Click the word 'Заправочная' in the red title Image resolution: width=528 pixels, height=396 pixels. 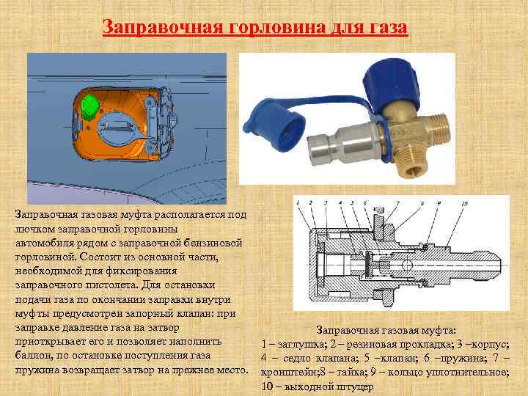point(164,27)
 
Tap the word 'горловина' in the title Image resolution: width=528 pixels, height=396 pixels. point(277,28)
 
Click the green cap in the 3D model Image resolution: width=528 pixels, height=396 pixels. point(89,107)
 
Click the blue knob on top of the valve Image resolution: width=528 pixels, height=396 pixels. point(392,85)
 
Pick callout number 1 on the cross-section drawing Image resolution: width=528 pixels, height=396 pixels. point(298,202)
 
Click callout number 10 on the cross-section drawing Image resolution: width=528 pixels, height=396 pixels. point(464,203)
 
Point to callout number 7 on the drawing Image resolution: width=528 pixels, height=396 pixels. point(397,203)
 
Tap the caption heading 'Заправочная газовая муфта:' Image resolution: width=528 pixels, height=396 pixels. point(386,330)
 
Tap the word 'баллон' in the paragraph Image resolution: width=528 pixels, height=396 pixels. point(33,356)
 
